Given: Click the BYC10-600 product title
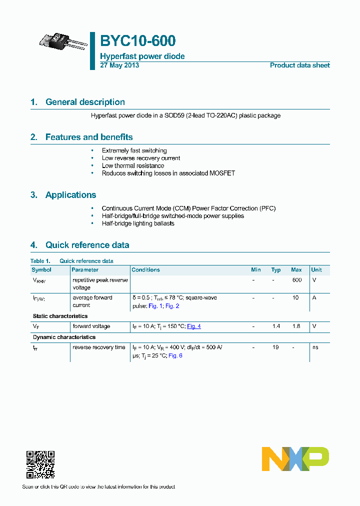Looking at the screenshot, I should pos(137,41).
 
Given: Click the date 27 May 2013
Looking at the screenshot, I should pos(119,65).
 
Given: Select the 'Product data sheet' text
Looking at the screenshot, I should pos(299,65).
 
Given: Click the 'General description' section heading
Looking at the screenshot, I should pos(85,102).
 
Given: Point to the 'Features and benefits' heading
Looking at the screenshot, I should pos(89,137).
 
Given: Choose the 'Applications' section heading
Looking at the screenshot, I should pos(70,195).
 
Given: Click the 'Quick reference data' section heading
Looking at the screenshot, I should pos(87,245).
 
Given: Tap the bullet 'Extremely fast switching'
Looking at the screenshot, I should pos(134,150).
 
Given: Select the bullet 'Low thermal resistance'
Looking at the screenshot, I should pos(132,165).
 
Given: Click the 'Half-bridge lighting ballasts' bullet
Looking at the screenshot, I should pos(138,223).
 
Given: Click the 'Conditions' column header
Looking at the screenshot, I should pos(146,270).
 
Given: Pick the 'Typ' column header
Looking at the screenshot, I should pos(276,270).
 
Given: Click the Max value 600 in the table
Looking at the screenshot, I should pos(296,280).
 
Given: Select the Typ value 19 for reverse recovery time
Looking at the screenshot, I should pos(275,347).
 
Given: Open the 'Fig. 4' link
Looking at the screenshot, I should pos(194,326).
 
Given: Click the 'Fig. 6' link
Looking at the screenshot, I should pos(175,355).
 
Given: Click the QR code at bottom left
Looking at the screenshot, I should pos(40,464).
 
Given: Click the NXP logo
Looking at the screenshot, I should pos(295,459).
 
